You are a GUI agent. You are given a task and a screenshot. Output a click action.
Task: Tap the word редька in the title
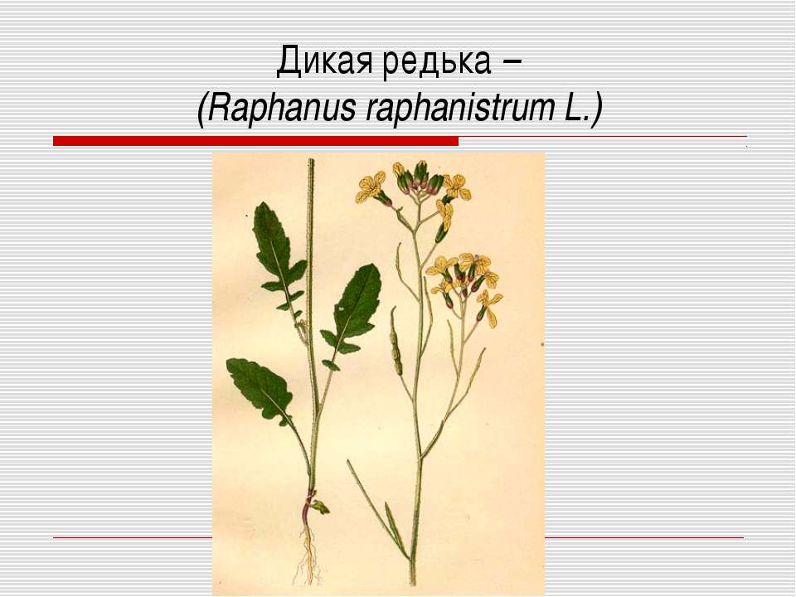click(437, 61)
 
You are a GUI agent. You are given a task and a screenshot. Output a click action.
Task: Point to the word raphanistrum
click(460, 108)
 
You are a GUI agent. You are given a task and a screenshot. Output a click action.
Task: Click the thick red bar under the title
click(255, 141)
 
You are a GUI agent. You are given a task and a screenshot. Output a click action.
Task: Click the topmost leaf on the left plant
click(279, 254)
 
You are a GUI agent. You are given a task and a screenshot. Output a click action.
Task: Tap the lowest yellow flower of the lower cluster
click(488, 308)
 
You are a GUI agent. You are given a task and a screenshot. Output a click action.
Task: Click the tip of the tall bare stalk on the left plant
click(311, 159)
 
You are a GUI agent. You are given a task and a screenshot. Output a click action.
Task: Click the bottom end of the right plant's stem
click(413, 584)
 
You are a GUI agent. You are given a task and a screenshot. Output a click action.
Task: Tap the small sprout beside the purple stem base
click(321, 506)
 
